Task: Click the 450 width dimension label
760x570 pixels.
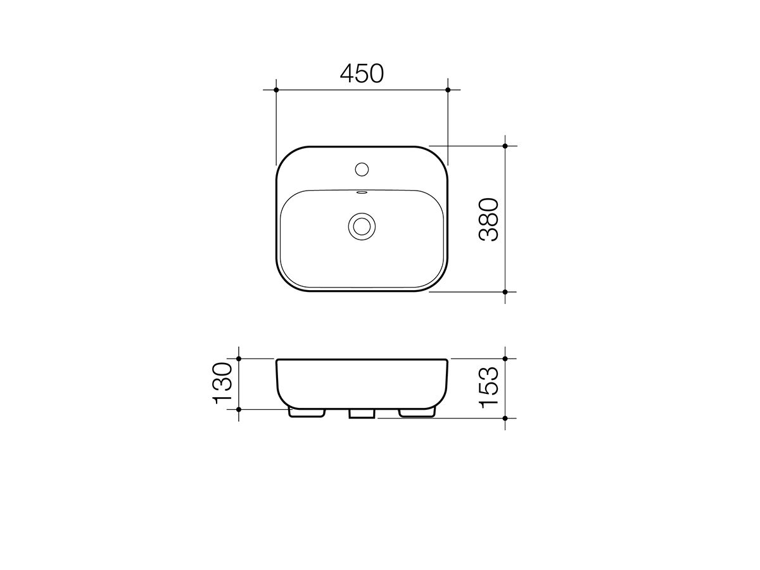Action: [362, 74]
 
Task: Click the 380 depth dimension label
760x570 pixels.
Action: [490, 219]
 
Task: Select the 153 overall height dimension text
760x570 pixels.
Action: [490, 388]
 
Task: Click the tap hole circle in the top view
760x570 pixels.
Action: [362, 169]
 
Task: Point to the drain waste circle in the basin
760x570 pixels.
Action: [362, 226]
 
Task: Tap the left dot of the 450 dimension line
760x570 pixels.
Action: [277, 90]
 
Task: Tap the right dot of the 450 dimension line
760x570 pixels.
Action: [448, 90]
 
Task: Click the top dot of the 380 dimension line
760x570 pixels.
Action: [505, 146]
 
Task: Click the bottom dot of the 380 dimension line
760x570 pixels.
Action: [505, 292]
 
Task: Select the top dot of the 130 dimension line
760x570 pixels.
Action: [239, 359]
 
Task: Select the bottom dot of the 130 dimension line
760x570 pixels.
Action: [239, 409]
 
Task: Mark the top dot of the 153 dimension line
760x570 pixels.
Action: [505, 358]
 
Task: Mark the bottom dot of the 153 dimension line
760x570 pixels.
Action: [505, 419]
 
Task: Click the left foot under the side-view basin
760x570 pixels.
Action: [307, 413]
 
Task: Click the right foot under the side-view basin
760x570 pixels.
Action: [417, 413]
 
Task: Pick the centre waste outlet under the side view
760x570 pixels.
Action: [362, 414]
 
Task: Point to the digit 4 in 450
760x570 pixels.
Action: [348, 74]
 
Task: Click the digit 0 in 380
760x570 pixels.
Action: [490, 205]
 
